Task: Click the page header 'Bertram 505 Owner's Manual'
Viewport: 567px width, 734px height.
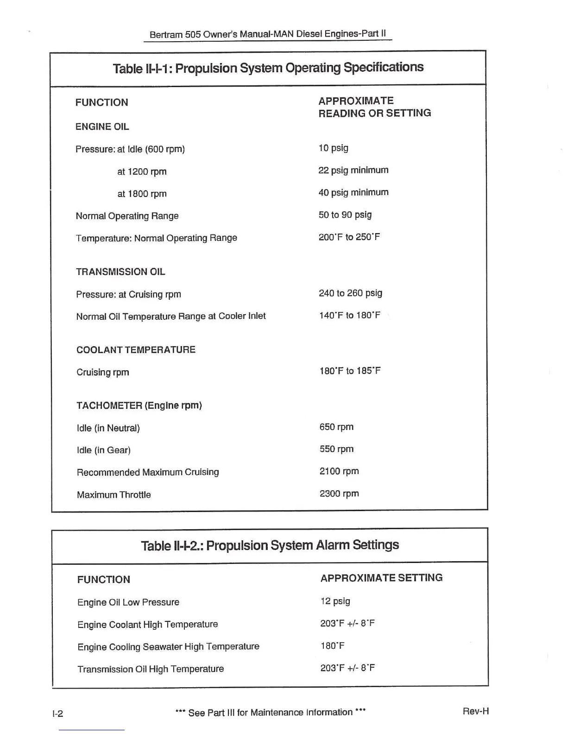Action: click(x=268, y=34)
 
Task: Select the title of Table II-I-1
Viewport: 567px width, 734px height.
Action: click(x=268, y=68)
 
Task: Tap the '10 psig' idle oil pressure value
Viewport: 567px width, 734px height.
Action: click(x=333, y=148)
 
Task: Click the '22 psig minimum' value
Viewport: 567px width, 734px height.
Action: click(x=353, y=171)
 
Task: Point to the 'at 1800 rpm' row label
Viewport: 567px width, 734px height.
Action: click(x=142, y=194)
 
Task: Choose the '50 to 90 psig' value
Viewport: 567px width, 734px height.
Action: click(x=345, y=215)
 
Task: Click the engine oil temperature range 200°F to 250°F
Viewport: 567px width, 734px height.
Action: click(x=349, y=237)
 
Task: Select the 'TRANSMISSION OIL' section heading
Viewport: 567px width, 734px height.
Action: click(x=120, y=272)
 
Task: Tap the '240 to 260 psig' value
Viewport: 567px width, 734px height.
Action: click(x=350, y=293)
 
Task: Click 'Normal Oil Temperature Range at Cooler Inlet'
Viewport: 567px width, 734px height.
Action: click(x=171, y=316)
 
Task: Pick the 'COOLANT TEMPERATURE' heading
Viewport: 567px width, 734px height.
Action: click(x=136, y=350)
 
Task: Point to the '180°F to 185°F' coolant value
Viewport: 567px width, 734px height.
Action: click(x=350, y=371)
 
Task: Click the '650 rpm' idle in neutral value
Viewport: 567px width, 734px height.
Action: click(x=336, y=427)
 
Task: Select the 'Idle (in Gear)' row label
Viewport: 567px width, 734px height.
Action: click(x=104, y=450)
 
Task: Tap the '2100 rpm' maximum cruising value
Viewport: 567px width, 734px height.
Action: click(x=339, y=472)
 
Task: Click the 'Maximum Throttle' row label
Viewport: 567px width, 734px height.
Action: click(x=114, y=495)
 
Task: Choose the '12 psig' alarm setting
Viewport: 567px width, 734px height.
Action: click(x=335, y=601)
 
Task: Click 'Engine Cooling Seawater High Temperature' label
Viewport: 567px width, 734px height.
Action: click(x=168, y=647)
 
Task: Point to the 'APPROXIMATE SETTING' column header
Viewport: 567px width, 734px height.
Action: click(x=381, y=578)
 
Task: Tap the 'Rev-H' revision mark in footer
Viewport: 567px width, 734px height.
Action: click(x=475, y=711)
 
